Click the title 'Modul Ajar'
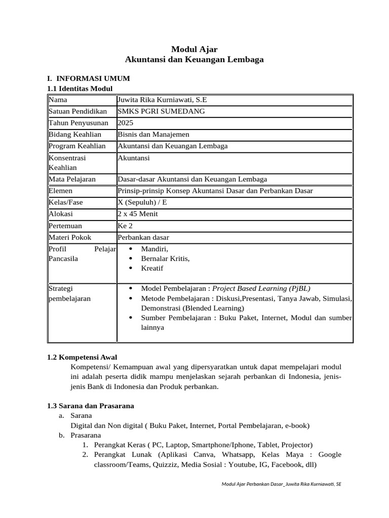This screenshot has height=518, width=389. click(194, 49)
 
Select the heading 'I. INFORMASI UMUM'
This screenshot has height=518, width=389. click(88, 78)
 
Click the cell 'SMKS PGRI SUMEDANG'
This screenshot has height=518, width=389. click(154, 111)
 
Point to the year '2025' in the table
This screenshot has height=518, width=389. click(125, 123)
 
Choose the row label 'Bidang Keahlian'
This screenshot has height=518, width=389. click(75, 135)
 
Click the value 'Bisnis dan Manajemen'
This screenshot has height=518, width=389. click(153, 135)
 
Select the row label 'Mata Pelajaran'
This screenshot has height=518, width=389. click(72, 179)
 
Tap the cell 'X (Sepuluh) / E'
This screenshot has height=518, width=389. click(142, 202)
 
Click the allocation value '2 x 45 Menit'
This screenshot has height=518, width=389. click(138, 214)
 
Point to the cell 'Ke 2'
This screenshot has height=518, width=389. click(124, 226)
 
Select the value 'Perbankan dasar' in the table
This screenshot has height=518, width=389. click(143, 237)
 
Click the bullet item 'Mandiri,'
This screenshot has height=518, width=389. click(154, 249)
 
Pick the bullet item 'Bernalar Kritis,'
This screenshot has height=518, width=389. click(165, 258)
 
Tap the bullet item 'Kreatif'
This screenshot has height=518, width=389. click(152, 268)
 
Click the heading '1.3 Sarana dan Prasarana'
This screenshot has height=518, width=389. click(90, 406)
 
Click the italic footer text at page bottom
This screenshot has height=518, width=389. click(281, 484)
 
